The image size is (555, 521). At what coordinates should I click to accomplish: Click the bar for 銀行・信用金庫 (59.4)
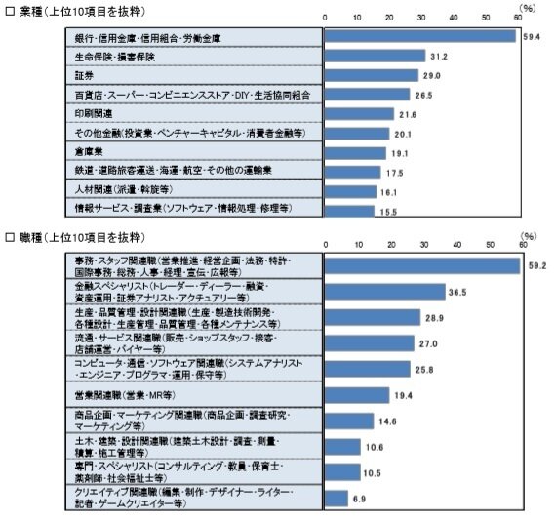419,36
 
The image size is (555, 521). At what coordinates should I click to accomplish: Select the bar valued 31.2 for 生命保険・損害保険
374,56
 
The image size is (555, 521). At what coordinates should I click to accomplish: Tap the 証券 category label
87,74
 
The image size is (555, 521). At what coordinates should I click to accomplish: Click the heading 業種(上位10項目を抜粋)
78,9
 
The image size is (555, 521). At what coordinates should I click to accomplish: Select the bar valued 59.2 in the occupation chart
420,264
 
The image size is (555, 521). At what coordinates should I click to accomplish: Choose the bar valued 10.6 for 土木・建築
340,447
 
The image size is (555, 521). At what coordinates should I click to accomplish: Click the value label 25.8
425,369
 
